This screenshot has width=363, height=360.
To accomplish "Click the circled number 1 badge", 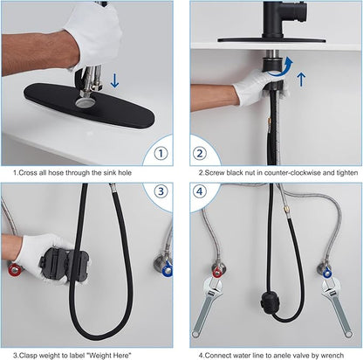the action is coord(161,153).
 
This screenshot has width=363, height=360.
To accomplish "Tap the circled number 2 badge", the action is coord(200,153).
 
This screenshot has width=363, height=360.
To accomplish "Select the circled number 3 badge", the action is coord(161,191).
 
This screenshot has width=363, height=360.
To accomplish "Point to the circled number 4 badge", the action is coord(200,191).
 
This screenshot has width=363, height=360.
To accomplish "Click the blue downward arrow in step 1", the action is coord(114,80).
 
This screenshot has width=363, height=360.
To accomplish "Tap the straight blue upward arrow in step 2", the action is coord(302,80).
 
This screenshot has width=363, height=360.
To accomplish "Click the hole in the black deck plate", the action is coord(85,102).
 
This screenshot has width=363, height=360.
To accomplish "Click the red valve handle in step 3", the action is coord(14,269).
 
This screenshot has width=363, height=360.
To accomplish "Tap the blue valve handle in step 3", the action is coord(168,270).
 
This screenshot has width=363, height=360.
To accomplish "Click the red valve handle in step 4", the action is coord(217,273).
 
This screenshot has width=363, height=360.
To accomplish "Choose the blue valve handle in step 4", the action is coord(327,273).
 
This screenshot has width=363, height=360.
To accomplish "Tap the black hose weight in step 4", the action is coord(270,303).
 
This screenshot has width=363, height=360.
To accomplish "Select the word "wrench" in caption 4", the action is coord(332,356).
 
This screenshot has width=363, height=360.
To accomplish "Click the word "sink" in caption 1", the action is coord(110,173).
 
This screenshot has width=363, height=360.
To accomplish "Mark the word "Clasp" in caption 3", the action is coord(28,356).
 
